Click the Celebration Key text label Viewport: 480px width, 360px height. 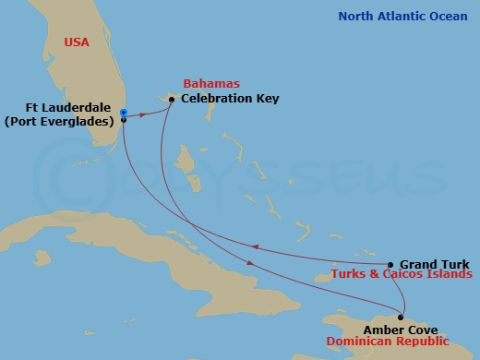point(230,98)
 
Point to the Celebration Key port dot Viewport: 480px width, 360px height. point(172,99)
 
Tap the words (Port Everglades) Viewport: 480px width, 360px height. point(62,120)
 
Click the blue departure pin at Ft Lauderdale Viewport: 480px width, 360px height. point(123,113)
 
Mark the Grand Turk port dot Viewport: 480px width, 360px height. point(390,264)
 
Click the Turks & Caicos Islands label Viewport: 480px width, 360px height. point(403,274)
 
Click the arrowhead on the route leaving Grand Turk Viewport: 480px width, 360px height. point(254,245)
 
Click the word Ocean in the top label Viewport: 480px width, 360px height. point(448,16)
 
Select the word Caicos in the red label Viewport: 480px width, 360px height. point(408,274)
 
